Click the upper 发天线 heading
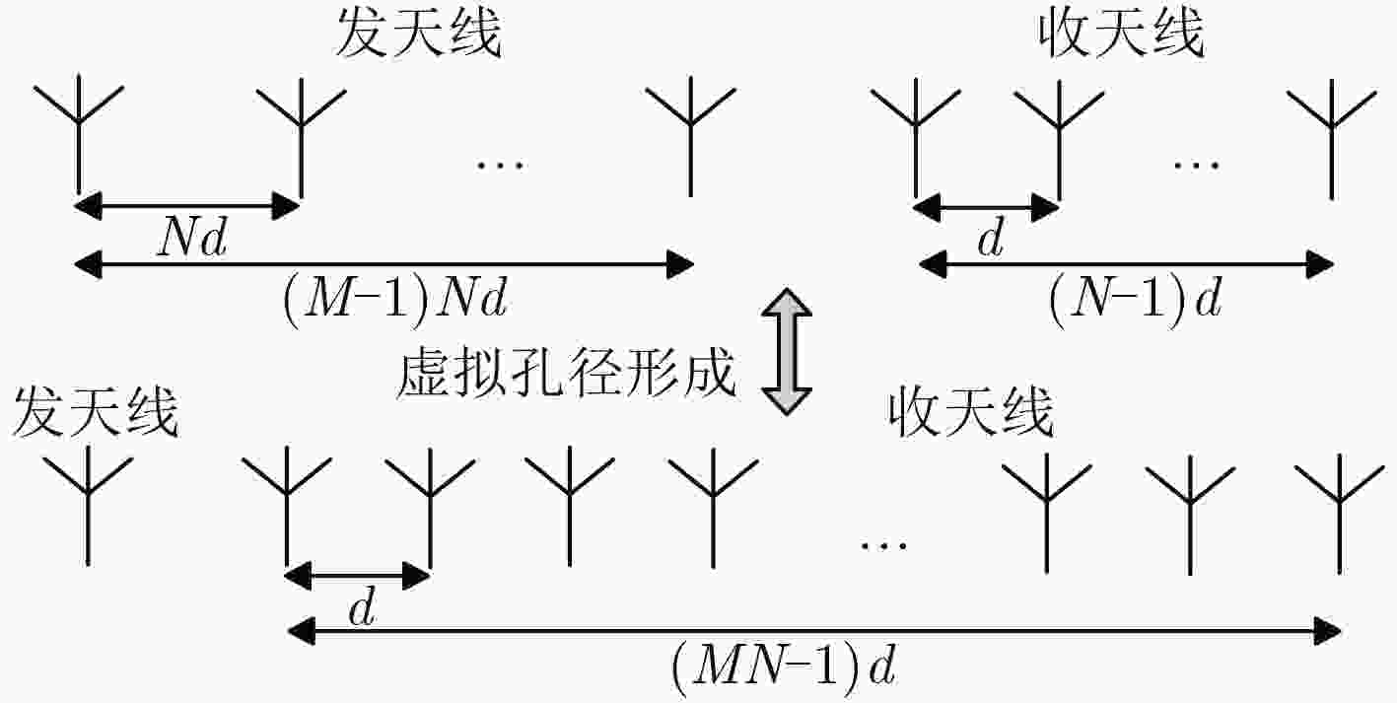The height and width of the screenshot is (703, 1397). point(419,35)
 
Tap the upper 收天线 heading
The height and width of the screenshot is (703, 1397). point(1121,35)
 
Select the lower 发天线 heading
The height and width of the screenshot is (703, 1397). point(96,412)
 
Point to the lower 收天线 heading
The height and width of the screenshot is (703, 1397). point(971,412)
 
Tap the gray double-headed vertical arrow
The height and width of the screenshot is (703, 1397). point(787,351)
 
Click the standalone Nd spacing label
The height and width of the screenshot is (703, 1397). point(192,238)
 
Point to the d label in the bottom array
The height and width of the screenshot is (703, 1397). point(363,608)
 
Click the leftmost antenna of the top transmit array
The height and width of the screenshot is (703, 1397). point(79,134)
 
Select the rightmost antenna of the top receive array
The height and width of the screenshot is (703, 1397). point(1332,138)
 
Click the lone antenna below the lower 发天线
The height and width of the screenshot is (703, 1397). point(88,505)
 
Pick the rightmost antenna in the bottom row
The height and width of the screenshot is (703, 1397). point(1340,514)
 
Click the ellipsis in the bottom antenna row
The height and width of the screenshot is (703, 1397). point(883,546)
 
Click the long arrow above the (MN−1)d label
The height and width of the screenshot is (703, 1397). point(814,632)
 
